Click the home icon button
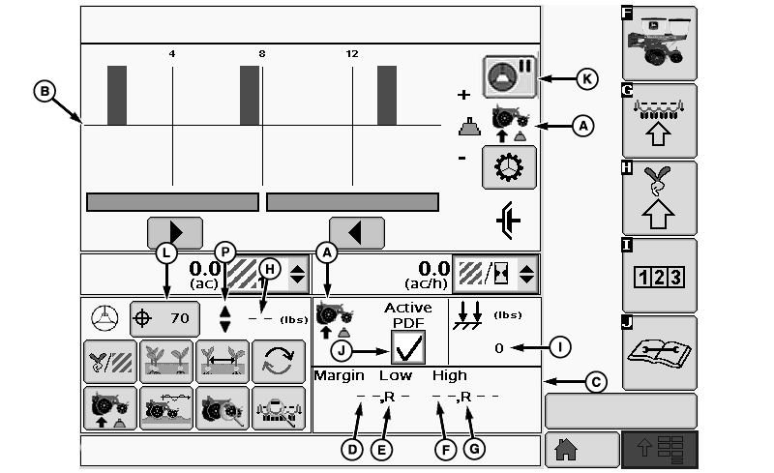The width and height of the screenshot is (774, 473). (x=582, y=449)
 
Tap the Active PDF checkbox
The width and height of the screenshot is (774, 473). (x=408, y=347)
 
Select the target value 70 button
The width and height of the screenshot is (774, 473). (x=164, y=318)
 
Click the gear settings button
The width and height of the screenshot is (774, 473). (x=509, y=167)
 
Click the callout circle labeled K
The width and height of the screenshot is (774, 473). (x=587, y=79)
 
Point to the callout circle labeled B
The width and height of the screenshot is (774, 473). (x=45, y=91)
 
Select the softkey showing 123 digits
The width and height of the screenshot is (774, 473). (x=660, y=276)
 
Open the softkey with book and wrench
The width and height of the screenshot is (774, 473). (x=660, y=353)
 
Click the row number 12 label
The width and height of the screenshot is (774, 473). (x=352, y=54)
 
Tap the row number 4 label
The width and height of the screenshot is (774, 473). (x=172, y=54)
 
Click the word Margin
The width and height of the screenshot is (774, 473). (x=340, y=376)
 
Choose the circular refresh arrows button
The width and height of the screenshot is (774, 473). (x=279, y=362)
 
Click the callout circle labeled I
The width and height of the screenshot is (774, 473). (x=560, y=347)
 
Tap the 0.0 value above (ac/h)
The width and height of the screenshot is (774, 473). (x=433, y=269)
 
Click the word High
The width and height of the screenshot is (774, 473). (x=449, y=376)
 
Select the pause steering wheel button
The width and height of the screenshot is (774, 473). (x=510, y=76)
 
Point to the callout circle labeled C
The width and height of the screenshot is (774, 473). (x=596, y=382)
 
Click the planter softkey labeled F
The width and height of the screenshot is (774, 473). (x=660, y=43)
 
